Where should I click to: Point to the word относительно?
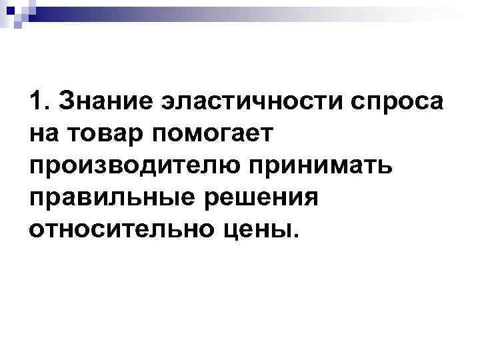click(120, 229)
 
